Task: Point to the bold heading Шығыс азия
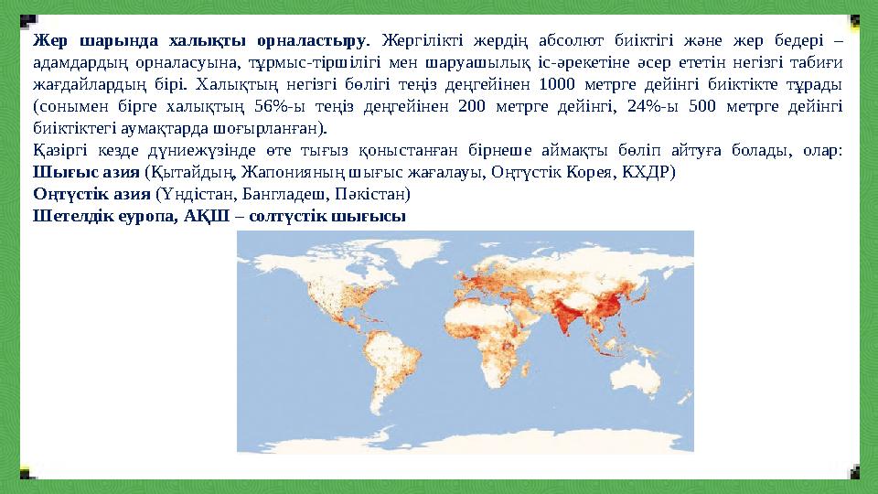[87, 172]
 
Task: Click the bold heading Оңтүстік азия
[92, 194]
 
